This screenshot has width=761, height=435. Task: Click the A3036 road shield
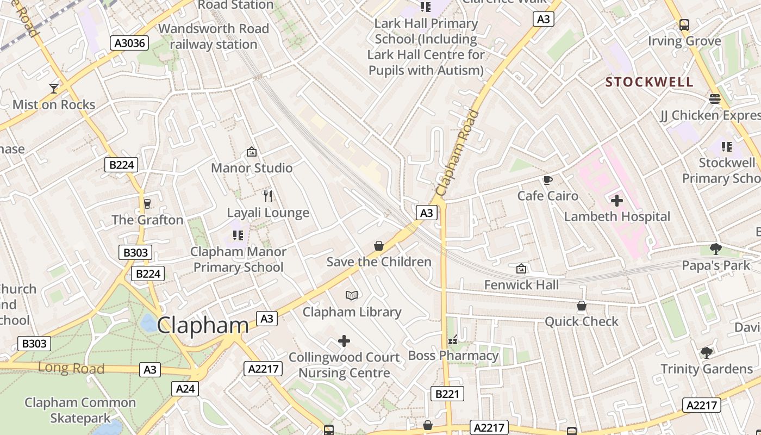pyautogui.click(x=129, y=43)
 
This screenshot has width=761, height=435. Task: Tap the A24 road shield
pyautogui.click(x=185, y=388)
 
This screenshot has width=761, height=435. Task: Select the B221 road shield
pyautogui.click(x=447, y=394)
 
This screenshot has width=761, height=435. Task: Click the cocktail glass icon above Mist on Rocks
pyautogui.click(x=54, y=89)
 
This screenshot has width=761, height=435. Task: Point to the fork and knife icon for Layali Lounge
pyautogui.click(x=267, y=196)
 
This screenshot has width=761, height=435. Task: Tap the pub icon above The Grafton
pyautogui.click(x=147, y=204)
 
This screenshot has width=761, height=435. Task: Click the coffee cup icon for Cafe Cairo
pyautogui.click(x=547, y=180)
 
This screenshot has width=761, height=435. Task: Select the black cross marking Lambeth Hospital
pyautogui.click(x=616, y=201)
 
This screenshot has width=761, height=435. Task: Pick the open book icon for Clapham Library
pyautogui.click(x=352, y=295)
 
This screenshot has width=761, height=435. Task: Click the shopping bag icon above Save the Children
pyautogui.click(x=379, y=246)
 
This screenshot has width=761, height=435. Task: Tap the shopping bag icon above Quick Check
pyautogui.click(x=582, y=306)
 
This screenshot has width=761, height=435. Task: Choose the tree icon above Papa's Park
pyautogui.click(x=715, y=249)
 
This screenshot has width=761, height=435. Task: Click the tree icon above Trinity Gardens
pyautogui.click(x=706, y=353)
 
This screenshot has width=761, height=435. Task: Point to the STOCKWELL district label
pyautogui.click(x=650, y=82)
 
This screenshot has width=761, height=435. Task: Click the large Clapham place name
pyautogui.click(x=203, y=325)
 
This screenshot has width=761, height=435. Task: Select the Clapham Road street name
pyautogui.click(x=457, y=153)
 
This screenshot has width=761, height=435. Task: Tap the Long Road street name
pyautogui.click(x=71, y=368)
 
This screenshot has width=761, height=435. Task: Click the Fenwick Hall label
pyautogui.click(x=521, y=285)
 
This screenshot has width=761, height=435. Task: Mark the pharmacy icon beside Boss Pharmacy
pyautogui.click(x=453, y=340)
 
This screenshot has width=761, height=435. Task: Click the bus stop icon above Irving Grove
pyautogui.click(x=684, y=25)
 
